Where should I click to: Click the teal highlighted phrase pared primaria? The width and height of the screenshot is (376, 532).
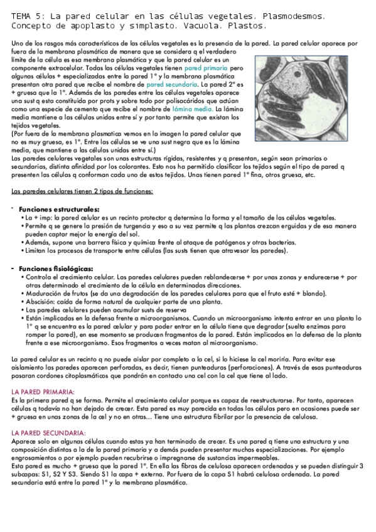point(207,66)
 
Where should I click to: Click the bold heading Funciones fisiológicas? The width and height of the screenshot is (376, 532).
point(56,269)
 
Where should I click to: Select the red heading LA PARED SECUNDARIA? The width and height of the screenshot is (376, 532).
point(48,433)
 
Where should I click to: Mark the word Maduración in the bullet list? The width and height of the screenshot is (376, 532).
point(44,293)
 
